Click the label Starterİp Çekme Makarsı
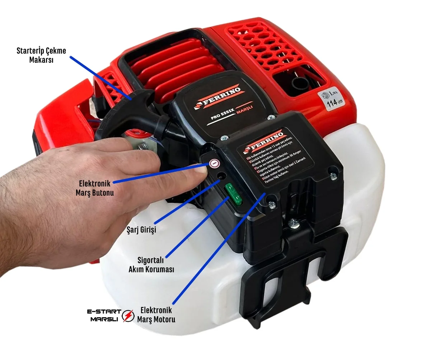tap(41, 55)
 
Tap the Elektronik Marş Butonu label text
tap(95, 188)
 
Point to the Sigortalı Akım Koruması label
tap(151, 264)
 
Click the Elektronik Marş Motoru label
tap(156, 314)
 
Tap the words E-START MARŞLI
tap(104, 315)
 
